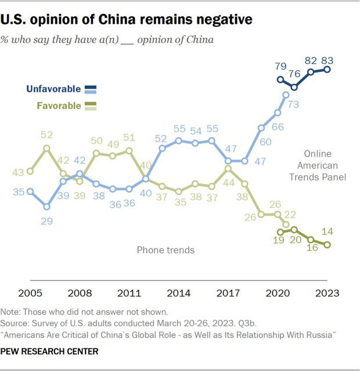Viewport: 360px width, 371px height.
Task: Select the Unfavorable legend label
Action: coord(54,89)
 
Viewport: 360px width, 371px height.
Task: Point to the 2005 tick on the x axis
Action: coord(30,293)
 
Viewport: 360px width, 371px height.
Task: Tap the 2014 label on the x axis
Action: coord(179,293)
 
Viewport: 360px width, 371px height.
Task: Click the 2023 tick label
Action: coord(327,293)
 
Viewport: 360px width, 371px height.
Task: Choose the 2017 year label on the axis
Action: coord(228,293)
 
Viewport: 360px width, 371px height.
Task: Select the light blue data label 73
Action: coord(293,105)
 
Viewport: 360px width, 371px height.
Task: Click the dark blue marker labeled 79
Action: coord(281,80)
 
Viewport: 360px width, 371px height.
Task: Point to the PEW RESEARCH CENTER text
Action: coord(49,351)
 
